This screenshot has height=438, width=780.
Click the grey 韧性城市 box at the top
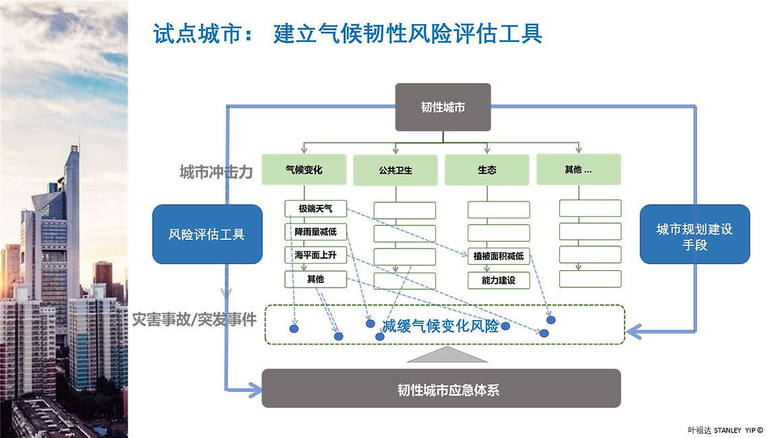coord(443,107)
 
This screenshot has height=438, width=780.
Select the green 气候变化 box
coord(304,169)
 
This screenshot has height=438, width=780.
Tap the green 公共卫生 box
coord(395,170)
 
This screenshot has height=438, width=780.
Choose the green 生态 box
coord(486,170)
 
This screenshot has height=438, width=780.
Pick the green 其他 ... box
coord(578,169)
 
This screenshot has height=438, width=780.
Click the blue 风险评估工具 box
coord(207,234)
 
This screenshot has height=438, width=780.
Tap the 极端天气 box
coord(315,209)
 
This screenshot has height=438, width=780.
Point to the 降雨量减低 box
coord(315,232)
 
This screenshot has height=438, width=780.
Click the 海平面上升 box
coord(315,255)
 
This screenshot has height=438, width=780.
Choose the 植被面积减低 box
coord(499,256)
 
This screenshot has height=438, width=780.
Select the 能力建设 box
coord(499,280)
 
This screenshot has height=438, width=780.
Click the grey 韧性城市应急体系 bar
coord(441,388)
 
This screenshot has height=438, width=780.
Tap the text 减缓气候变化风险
coord(440,325)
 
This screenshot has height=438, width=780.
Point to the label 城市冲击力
coord(216,173)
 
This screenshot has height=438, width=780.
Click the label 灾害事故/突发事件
coord(194,319)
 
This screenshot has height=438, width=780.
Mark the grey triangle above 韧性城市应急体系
coord(447,354)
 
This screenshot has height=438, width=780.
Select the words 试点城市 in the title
coord(198,34)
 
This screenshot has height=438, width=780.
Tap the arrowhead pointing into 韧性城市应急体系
coord(256,389)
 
